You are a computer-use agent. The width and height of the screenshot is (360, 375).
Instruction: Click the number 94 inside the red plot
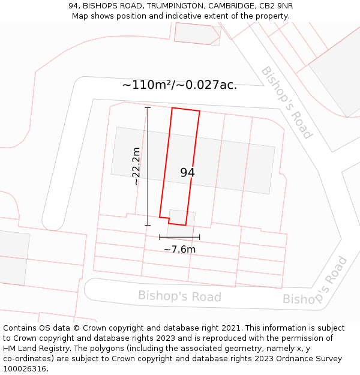187,173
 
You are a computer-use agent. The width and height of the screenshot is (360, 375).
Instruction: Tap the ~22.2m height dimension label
137,166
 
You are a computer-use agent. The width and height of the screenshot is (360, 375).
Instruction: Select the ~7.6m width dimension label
180,250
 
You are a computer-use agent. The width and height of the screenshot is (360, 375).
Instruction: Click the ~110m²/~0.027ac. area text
179,85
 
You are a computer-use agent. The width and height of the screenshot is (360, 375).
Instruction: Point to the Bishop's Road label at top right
286,102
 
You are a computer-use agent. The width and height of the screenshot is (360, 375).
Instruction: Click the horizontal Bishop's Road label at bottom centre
179,296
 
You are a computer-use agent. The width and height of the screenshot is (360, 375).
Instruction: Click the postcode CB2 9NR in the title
273,6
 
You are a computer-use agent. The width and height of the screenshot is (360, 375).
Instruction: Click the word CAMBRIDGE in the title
230,6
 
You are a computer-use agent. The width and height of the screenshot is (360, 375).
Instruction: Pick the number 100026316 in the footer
25,369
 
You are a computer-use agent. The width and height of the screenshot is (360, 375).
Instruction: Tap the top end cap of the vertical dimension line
148,108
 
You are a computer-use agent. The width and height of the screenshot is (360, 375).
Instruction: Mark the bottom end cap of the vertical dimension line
148,225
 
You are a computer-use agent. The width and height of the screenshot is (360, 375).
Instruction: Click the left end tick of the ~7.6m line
160,237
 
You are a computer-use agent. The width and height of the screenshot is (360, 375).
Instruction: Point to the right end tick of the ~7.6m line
200,237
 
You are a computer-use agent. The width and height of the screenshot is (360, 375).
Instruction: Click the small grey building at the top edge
197,34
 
